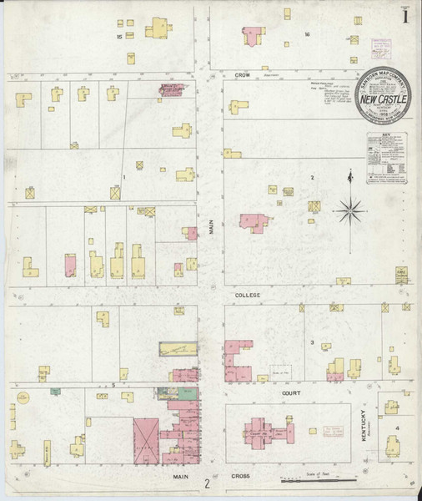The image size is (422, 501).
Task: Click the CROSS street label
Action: point(241,476)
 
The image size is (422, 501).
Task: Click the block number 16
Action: point(307,34)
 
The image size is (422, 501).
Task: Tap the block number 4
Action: point(397,428)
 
